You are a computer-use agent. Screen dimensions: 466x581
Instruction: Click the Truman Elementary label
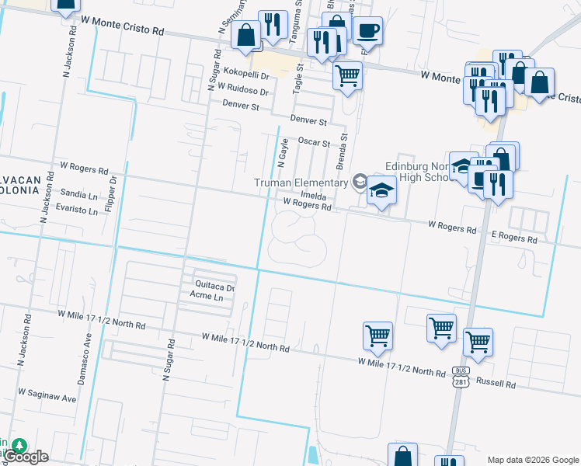pos(302,183)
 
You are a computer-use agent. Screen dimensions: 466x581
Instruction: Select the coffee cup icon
pos(367,31)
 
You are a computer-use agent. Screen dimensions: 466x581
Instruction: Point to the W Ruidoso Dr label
pos(242,91)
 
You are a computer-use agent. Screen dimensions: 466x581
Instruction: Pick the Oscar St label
pos(315,143)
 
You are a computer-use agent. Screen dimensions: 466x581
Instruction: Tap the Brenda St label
pos(339,151)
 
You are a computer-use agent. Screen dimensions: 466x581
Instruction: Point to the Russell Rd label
pos(496,383)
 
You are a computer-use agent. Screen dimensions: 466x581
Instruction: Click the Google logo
pos(26,457)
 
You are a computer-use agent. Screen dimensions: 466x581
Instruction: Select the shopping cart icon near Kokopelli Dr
pos(347,76)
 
